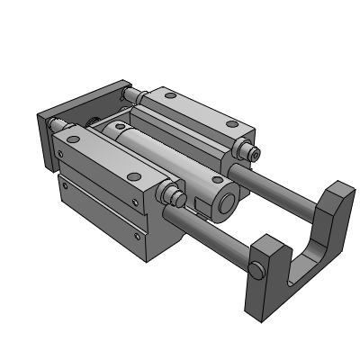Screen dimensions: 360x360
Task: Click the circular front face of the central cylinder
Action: [x=226, y=202]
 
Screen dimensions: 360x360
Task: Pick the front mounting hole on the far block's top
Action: [x=214, y=117]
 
